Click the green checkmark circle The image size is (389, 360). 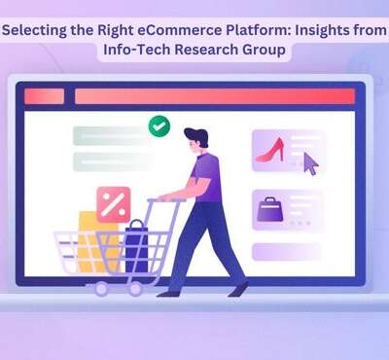point(159,126)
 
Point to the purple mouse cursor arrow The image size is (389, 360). point(310,162)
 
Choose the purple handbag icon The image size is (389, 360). point(268,208)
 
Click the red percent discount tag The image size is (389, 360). point(114,204)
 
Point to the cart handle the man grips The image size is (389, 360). point(162,199)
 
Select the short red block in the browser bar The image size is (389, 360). point(44,96)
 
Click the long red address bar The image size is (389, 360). point(214,96)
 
